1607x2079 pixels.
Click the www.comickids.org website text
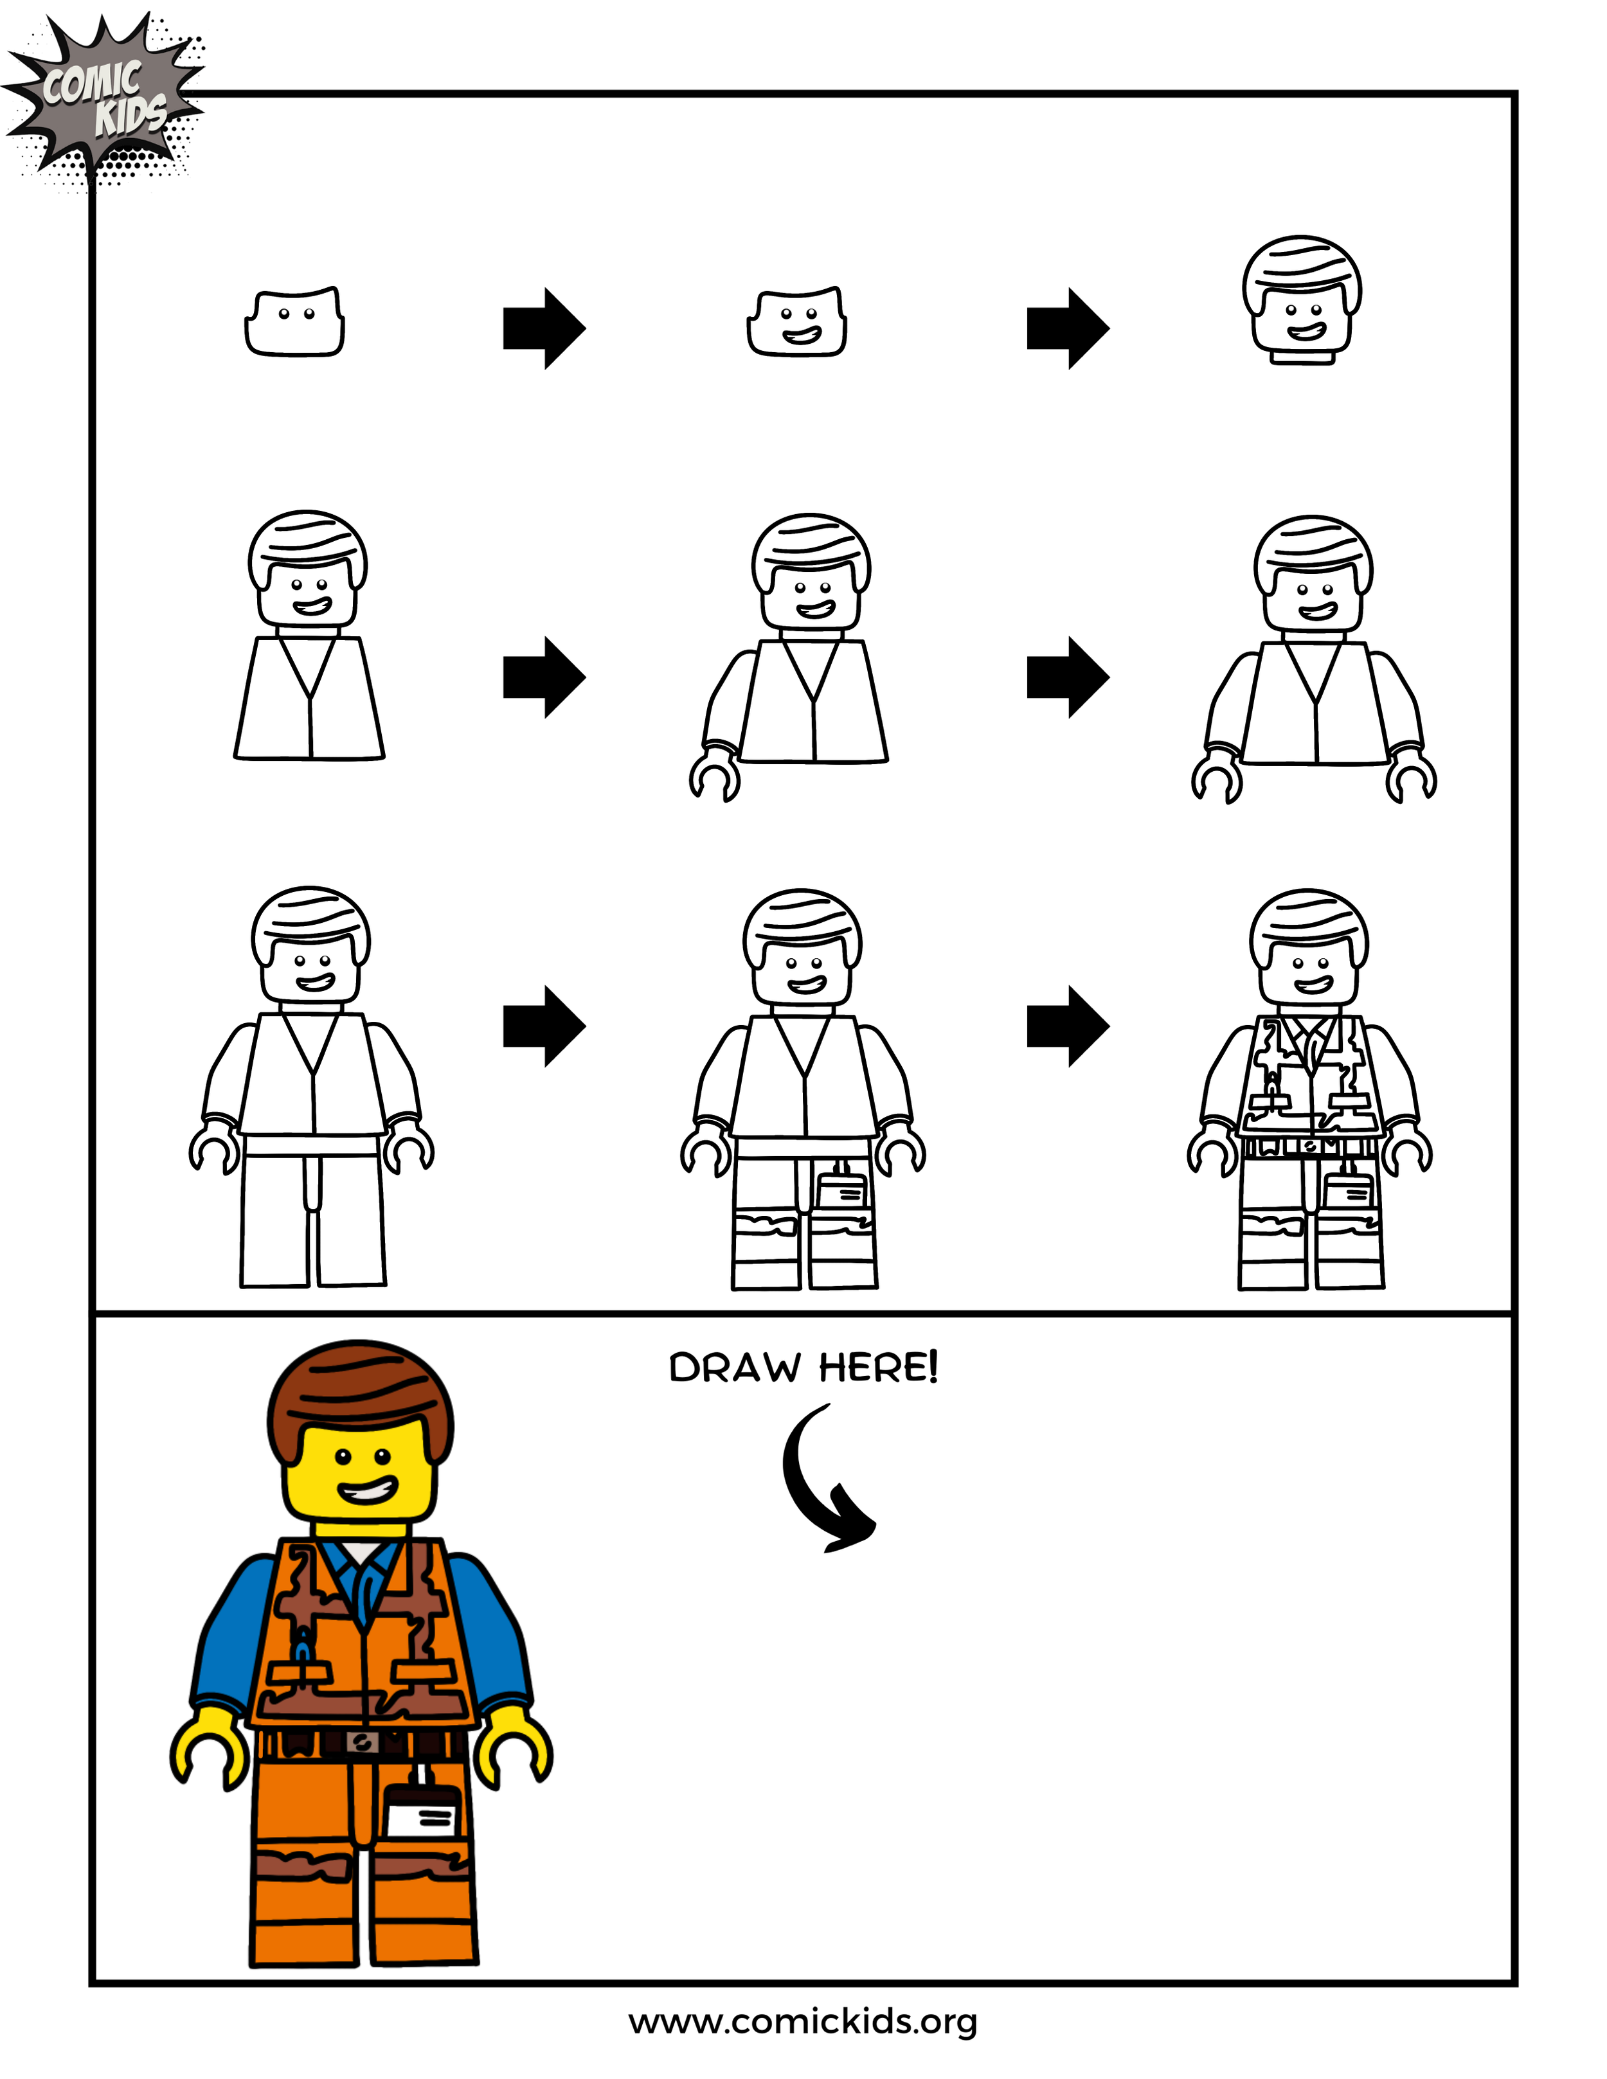803,2021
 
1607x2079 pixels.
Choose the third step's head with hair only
1302,300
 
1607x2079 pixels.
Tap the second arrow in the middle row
1067,677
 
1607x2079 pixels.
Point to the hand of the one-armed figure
715,776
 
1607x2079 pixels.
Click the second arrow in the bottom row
1067,1026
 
